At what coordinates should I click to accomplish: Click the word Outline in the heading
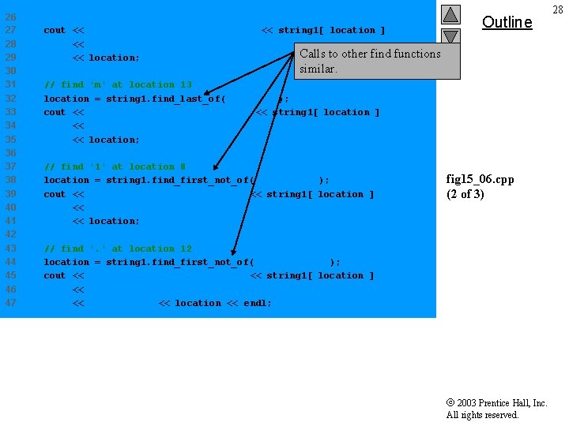click(507, 22)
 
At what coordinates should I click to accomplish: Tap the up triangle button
click(450, 14)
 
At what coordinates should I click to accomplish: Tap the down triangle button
click(450, 36)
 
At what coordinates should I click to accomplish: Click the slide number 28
click(558, 9)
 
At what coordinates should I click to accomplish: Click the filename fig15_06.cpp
click(480, 179)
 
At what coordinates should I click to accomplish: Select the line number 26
click(11, 17)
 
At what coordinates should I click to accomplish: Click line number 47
click(11, 303)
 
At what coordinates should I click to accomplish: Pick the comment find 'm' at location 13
click(118, 84)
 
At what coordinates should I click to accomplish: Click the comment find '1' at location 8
click(115, 166)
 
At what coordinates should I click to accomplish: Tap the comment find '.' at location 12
click(118, 248)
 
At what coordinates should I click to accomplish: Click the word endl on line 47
click(255, 303)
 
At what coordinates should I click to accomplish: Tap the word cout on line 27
click(55, 30)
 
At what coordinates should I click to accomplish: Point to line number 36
click(11, 153)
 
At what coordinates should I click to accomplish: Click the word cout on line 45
click(55, 275)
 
